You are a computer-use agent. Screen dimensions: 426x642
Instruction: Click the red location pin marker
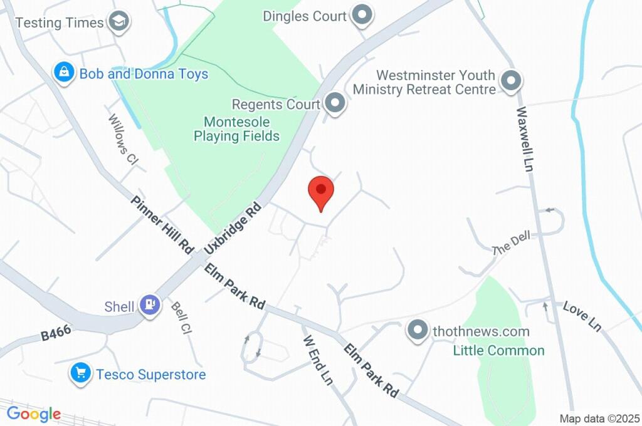pos(321,191)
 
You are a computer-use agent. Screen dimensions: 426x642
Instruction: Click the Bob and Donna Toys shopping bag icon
pos(64,73)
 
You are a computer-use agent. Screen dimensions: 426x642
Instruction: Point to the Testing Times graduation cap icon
pos(117,22)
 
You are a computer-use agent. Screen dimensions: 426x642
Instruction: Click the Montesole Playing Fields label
pos(236,129)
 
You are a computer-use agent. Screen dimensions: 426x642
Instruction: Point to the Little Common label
pos(498,350)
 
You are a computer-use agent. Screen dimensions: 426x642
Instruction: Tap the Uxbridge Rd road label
pos(233,227)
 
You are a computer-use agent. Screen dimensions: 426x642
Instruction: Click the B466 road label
pos(55,332)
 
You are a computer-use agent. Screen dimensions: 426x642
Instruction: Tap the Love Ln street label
pos(582,316)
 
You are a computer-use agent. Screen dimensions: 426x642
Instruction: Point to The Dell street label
pos(511,242)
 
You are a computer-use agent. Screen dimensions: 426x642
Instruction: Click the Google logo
pos(34,413)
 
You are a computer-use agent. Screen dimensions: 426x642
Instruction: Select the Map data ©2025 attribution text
pos(599,418)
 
